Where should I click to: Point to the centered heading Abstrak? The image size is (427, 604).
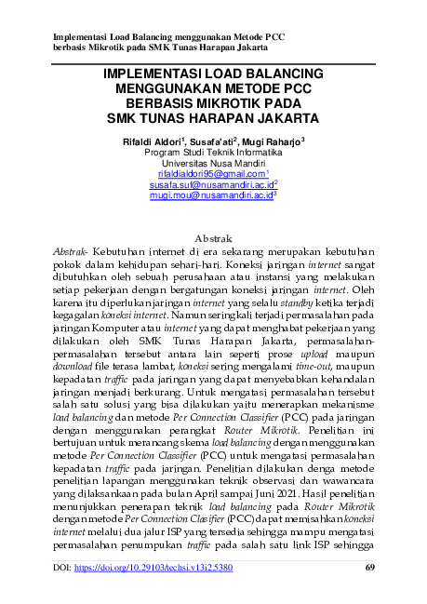click(213, 237)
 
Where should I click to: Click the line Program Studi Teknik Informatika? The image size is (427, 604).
click(213, 150)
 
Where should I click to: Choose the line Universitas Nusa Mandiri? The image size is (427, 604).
click(213, 161)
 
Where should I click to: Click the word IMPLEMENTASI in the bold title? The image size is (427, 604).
click(152, 74)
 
